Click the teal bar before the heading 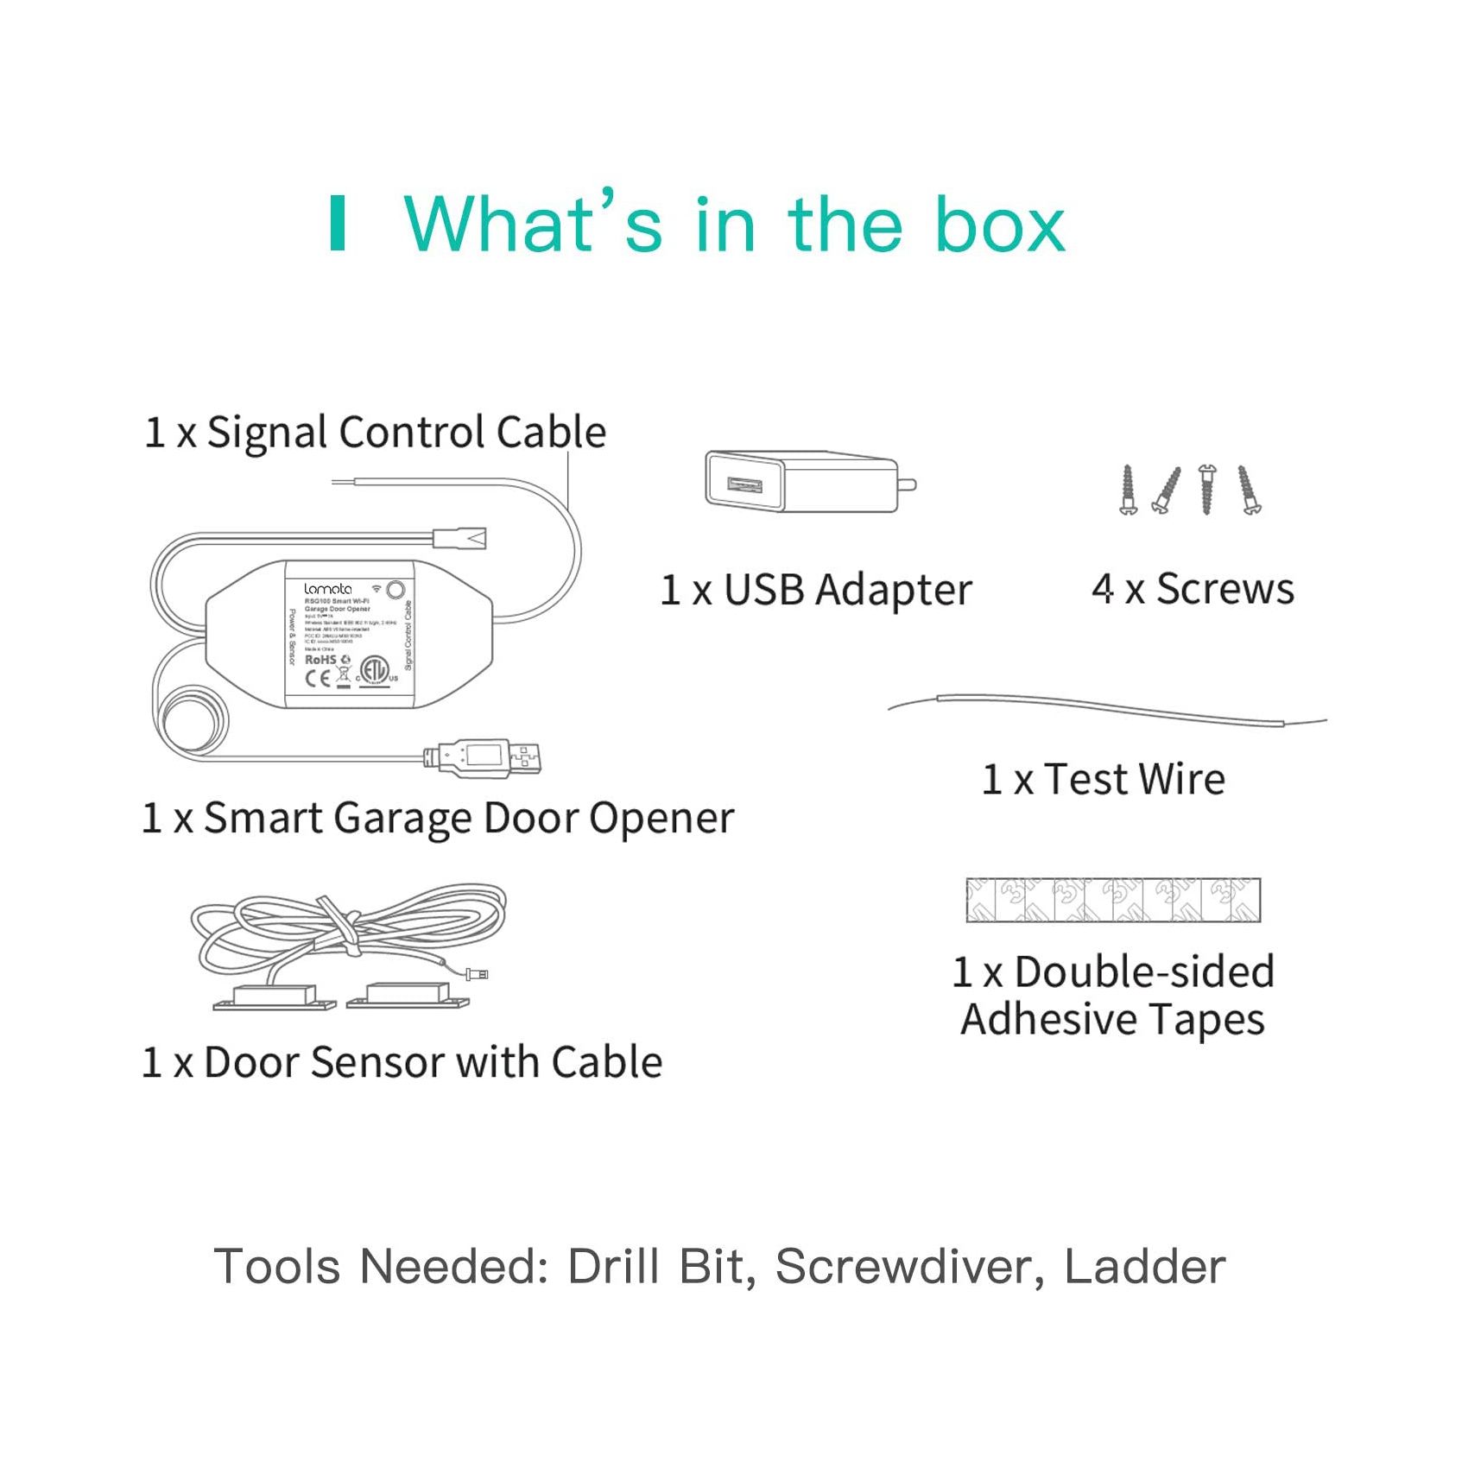pyautogui.click(x=338, y=224)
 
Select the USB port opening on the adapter pyautogui.click(x=743, y=484)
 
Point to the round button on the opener pyautogui.click(x=395, y=590)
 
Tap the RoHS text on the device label pyautogui.click(x=320, y=659)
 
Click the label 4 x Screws pyautogui.click(x=1193, y=590)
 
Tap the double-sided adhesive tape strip pyautogui.click(x=1113, y=900)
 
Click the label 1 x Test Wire pyautogui.click(x=1103, y=780)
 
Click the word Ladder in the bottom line pyautogui.click(x=1144, y=1267)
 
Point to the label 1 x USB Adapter pyautogui.click(x=816, y=591)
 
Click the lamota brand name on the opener pyautogui.click(x=328, y=589)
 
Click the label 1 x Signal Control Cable pyautogui.click(x=376, y=433)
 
